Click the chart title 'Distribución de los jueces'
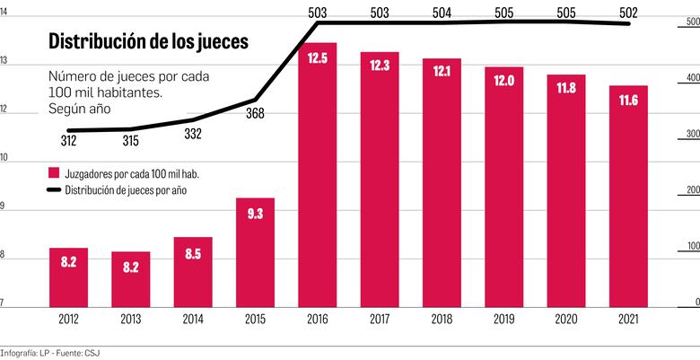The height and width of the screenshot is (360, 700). coord(148,41)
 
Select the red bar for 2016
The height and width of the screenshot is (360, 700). coord(318,171)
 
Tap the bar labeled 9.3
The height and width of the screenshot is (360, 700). coord(255,251)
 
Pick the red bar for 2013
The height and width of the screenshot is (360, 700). coord(130,278)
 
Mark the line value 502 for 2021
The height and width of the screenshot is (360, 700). coord(628,13)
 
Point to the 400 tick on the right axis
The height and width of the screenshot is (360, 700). coord(692,79)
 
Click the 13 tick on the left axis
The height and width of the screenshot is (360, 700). coord(4,61)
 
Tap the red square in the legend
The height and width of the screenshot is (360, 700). coord(55,171)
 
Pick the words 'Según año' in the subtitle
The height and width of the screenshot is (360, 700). coord(81,110)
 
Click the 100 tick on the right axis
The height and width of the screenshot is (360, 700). coord(692,245)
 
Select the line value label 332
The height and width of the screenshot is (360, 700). coord(192,134)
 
